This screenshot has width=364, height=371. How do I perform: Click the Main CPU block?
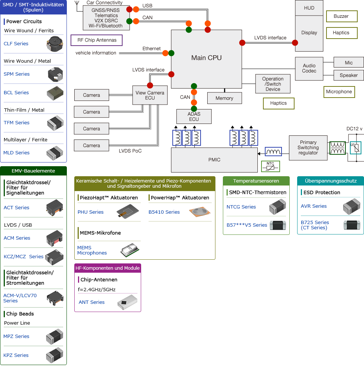point(206,58)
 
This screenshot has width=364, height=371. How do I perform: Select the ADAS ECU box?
point(194,116)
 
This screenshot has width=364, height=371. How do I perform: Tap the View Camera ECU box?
point(150,95)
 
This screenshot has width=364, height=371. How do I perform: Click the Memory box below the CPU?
point(224,98)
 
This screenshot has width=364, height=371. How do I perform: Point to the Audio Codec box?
point(309,69)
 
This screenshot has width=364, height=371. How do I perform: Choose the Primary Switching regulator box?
point(308,148)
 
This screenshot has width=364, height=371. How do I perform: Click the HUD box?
point(309,8)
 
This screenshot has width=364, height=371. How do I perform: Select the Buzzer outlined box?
point(341,16)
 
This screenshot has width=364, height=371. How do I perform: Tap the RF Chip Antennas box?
point(97,40)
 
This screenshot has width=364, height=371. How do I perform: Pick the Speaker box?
point(348,75)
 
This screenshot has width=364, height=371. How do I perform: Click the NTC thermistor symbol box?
point(270,167)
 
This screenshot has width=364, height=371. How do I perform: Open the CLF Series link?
point(16,44)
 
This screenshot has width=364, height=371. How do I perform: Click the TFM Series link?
point(17,123)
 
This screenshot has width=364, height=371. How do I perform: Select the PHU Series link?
point(91,212)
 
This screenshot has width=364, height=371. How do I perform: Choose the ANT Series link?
point(92,302)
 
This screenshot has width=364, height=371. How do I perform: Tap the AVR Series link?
point(314,206)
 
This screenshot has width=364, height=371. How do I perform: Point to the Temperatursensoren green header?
point(256,181)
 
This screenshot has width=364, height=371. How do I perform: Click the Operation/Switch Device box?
point(273,84)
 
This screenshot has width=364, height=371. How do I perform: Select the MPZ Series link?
point(16,336)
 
